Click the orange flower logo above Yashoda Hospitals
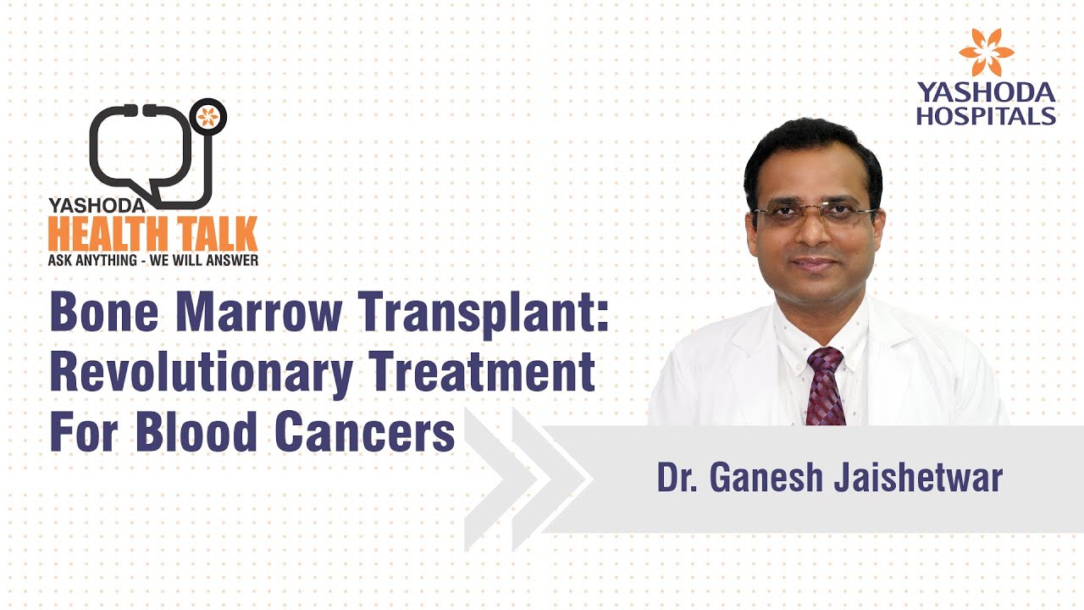point(986,53)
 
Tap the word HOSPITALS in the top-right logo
point(986,116)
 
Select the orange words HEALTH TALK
point(153,232)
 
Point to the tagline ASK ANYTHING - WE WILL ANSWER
point(153,260)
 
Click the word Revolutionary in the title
point(200,374)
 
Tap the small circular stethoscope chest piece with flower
point(207,116)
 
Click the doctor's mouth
point(816,264)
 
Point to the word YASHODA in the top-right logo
point(986,92)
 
